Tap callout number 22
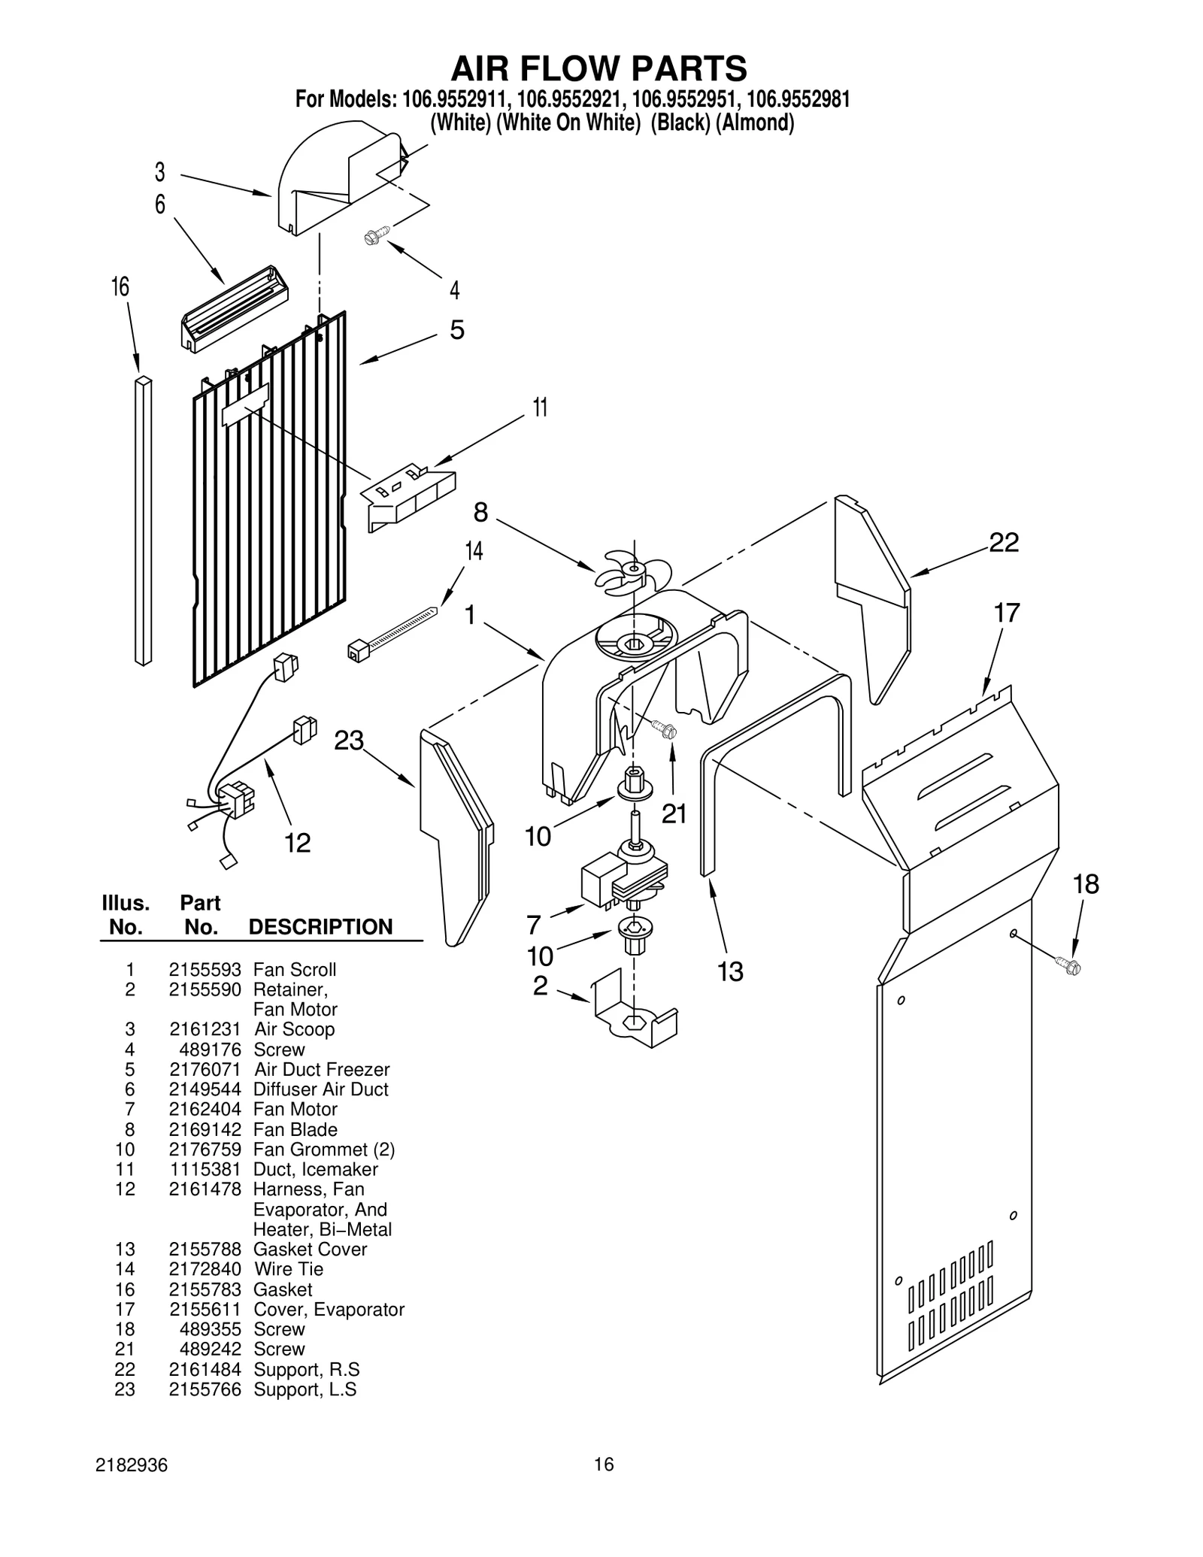point(1004,542)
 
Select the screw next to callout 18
point(1066,964)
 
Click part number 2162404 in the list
point(205,1109)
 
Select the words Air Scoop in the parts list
point(294,1029)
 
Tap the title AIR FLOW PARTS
point(598,68)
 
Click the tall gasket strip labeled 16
point(143,521)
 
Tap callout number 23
point(349,741)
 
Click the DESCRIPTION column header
point(320,927)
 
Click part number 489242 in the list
point(210,1350)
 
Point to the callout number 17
point(1007,613)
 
